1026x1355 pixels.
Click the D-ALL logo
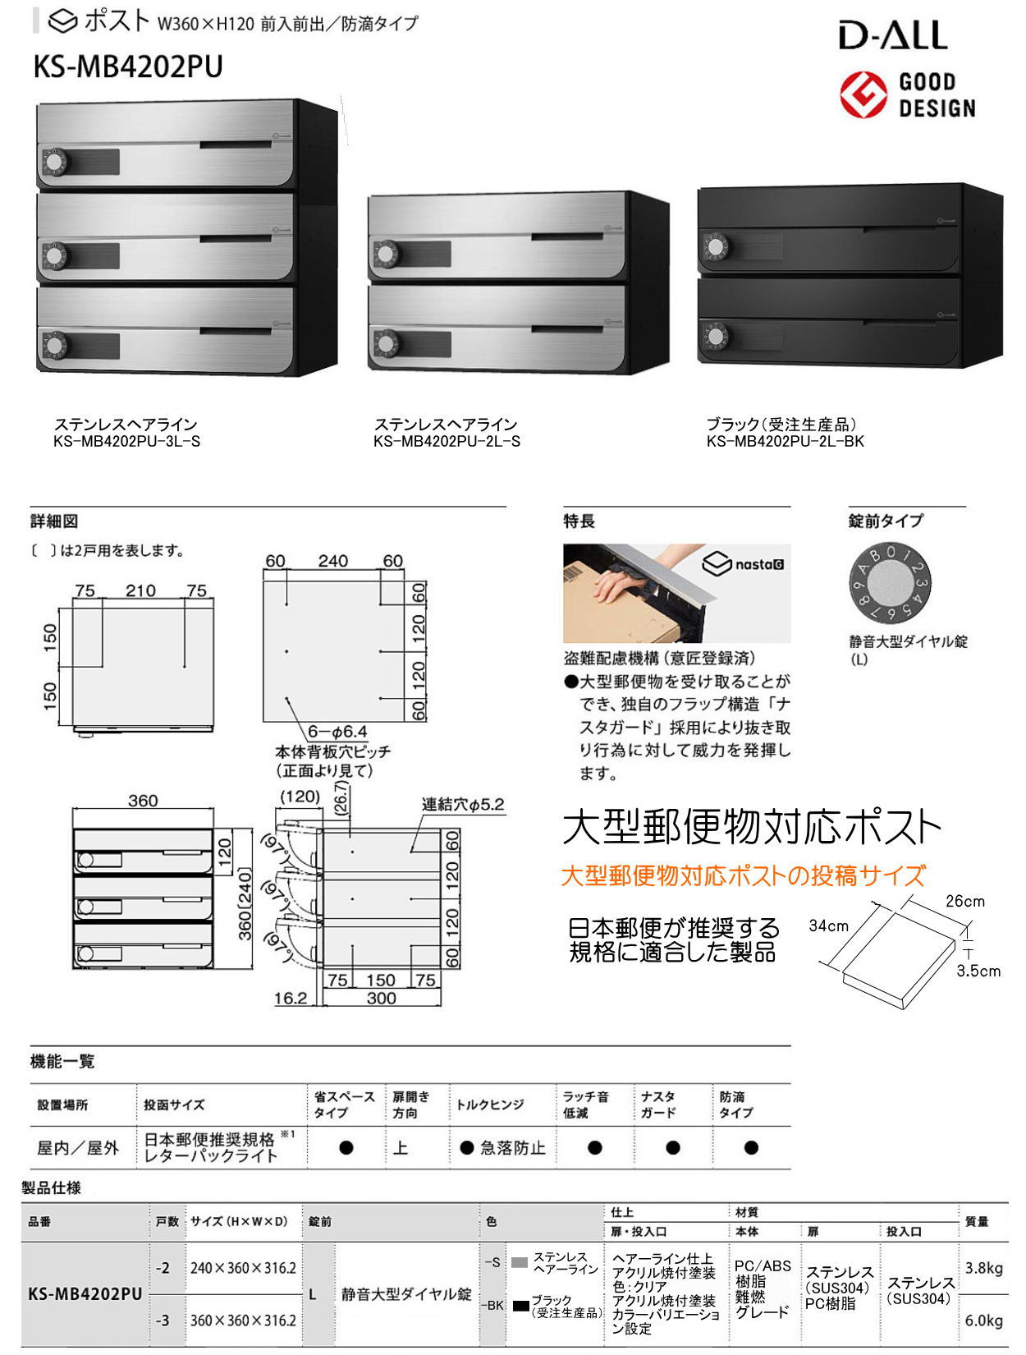click(892, 35)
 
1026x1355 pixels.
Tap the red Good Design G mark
click(863, 94)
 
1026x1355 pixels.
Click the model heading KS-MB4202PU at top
click(128, 67)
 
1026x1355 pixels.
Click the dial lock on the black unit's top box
click(716, 246)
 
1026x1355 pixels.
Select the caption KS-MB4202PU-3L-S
click(126, 441)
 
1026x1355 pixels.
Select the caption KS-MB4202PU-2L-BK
click(786, 441)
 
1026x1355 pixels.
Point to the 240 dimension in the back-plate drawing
click(332, 561)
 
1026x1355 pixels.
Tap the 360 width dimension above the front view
click(143, 800)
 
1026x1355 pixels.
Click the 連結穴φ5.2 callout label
click(463, 804)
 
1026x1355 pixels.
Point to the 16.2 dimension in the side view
click(290, 998)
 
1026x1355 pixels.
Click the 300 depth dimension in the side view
click(381, 998)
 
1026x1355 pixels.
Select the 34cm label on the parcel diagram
click(828, 926)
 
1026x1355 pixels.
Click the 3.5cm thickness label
click(978, 971)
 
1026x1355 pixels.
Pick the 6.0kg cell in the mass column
click(983, 1321)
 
